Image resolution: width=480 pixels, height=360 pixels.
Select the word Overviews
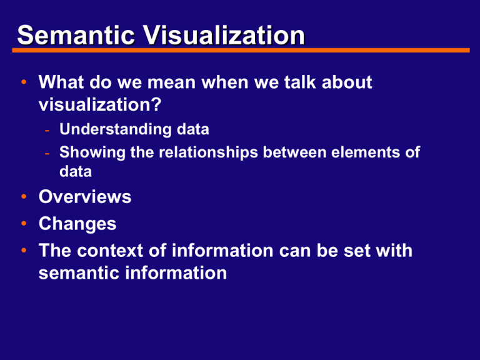[85, 197]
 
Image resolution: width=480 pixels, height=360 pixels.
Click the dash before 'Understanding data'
[47, 130]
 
